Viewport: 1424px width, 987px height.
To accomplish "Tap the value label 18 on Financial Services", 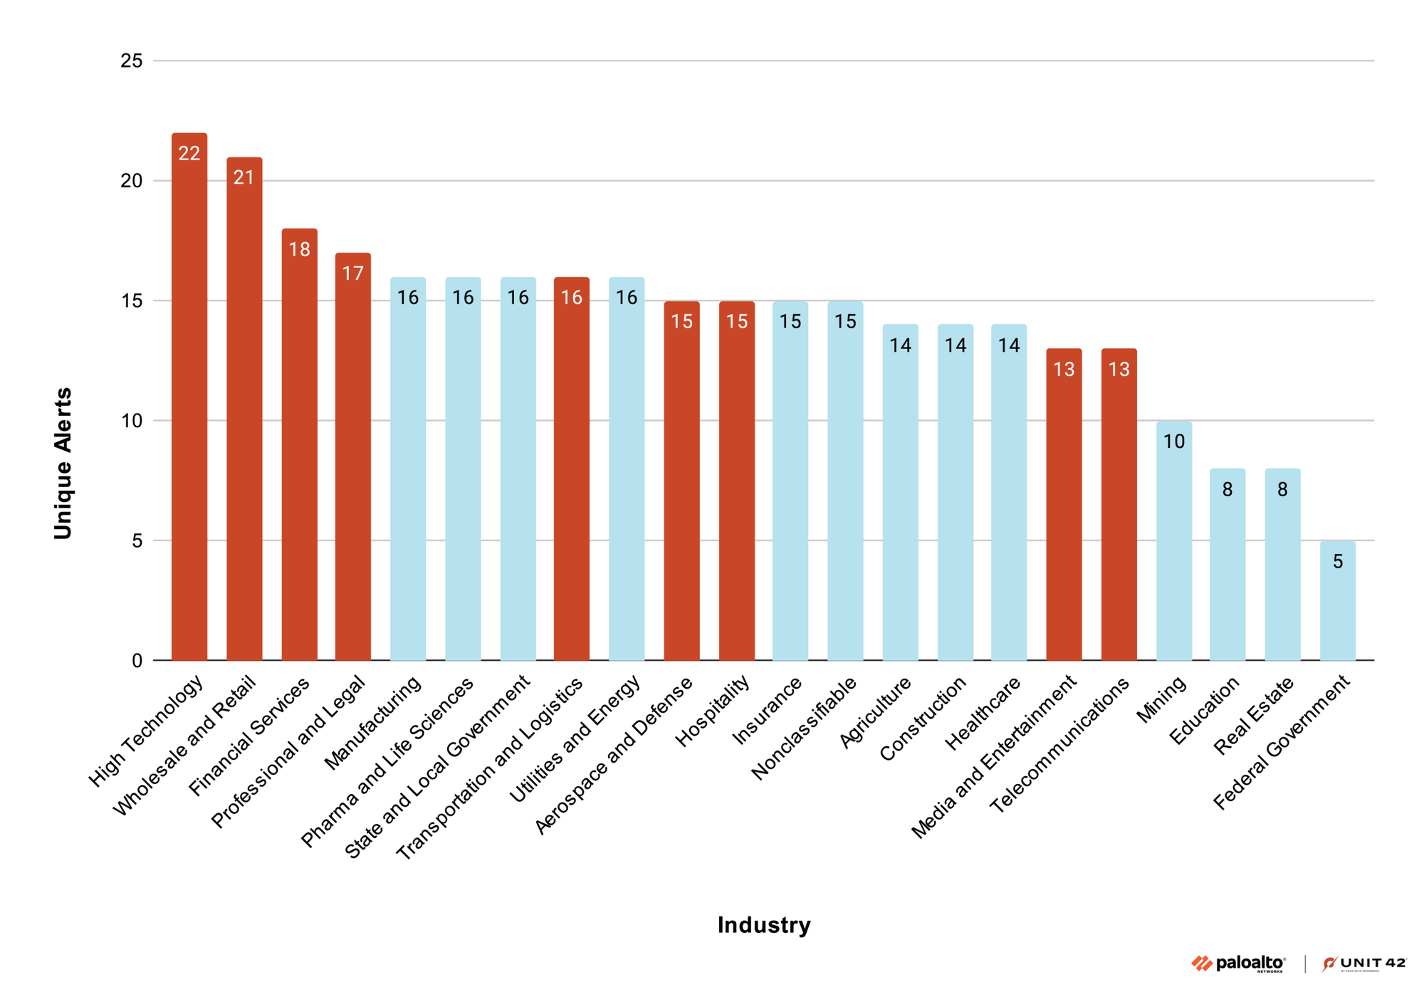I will [299, 249].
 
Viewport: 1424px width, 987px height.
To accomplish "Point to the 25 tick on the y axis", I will [132, 61].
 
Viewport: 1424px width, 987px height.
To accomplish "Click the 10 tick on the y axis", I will [132, 421].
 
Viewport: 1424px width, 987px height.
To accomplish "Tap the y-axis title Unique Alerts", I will [63, 463].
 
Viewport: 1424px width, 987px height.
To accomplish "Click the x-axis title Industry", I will [763, 925].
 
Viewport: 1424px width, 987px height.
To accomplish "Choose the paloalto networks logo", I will [1238, 963].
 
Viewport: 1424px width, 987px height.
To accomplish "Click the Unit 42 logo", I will [1364, 963].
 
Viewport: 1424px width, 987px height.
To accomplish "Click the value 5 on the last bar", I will [1338, 562].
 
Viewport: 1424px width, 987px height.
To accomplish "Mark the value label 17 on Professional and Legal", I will [353, 273].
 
